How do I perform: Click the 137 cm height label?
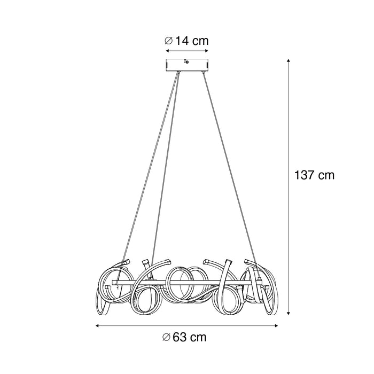[x=315, y=175]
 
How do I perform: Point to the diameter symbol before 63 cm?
[x=167, y=337]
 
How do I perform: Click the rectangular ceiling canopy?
[x=185, y=65]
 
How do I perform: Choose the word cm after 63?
[x=198, y=337]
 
